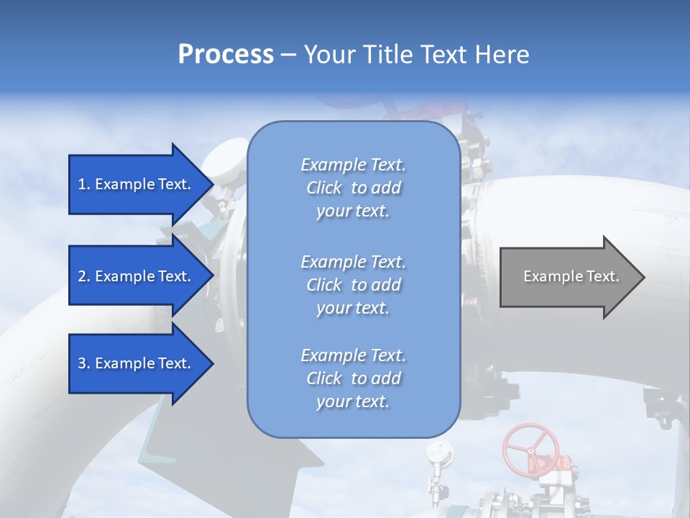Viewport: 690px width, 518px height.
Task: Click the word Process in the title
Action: click(x=226, y=55)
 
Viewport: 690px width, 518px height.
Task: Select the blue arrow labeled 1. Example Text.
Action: click(x=137, y=184)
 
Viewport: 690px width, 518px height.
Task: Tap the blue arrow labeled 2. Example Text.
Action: click(x=137, y=276)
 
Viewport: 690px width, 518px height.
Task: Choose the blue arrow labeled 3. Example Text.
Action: click(x=137, y=363)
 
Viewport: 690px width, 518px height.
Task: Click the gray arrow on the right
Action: click(x=568, y=276)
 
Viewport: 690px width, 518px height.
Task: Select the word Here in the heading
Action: click(x=502, y=55)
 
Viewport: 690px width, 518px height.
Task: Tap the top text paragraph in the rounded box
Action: click(x=353, y=188)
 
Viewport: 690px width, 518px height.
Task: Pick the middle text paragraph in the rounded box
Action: click(x=353, y=285)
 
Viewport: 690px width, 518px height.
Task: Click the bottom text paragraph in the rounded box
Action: click(x=353, y=378)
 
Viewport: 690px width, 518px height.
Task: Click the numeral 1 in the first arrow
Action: click(x=82, y=184)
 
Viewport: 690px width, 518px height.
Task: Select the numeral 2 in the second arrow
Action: click(x=82, y=276)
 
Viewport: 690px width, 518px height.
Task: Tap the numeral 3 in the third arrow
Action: click(x=82, y=363)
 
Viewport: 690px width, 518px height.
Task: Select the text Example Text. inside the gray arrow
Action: click(x=571, y=276)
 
